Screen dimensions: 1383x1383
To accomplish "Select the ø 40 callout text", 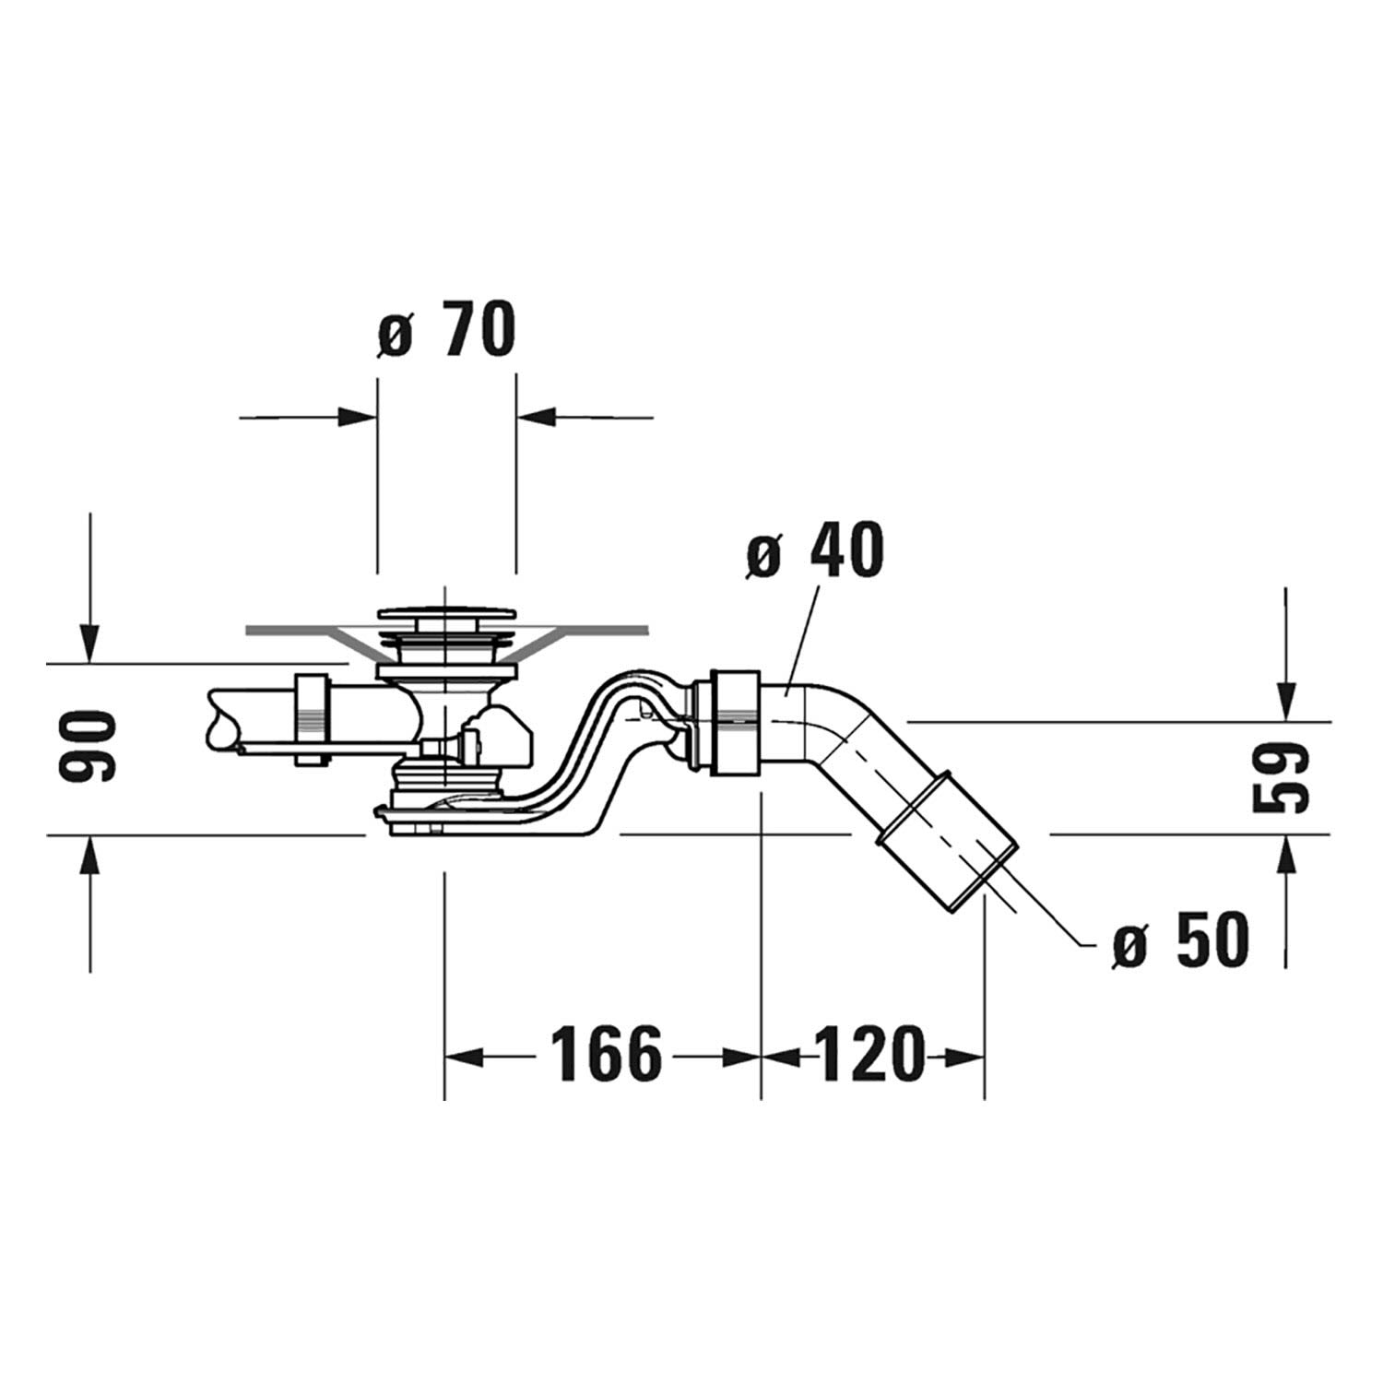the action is tap(815, 550).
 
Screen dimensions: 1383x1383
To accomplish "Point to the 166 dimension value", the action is tap(608, 1055).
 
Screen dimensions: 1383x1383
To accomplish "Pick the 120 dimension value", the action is tap(868, 1055).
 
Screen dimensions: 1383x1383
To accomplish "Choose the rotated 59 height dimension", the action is tap(1283, 778).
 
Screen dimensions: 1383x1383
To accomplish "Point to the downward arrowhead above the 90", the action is tap(89, 643).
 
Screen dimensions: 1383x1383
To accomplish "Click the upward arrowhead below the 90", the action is tap(89, 855).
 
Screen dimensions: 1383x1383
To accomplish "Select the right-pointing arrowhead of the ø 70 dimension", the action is tap(358, 417).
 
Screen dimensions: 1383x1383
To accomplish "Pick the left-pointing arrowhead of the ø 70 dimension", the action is tap(536, 417).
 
